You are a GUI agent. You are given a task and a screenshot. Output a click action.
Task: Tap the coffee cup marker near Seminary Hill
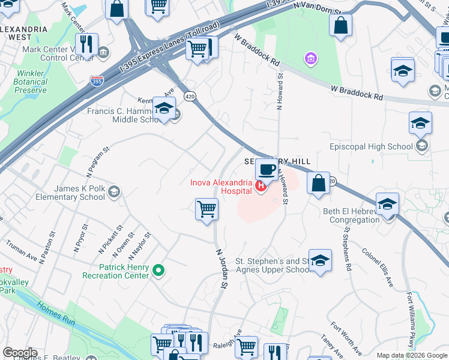(x=266, y=169)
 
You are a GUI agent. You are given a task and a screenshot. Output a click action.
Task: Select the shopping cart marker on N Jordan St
(x=206, y=209)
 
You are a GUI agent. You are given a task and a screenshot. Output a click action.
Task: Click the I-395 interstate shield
(x=97, y=80)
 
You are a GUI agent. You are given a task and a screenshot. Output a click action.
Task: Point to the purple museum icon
(x=310, y=58)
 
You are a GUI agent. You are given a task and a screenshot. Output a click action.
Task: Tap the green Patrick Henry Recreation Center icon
(x=158, y=271)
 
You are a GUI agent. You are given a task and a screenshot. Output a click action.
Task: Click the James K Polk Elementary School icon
(x=113, y=192)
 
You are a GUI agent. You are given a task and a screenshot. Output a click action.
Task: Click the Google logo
(x=20, y=353)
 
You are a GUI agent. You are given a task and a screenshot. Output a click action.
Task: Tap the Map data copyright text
(x=411, y=355)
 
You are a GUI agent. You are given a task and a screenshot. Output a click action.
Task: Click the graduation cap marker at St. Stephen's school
(x=320, y=261)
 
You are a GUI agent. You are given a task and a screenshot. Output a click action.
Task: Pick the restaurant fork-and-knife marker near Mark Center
(x=88, y=44)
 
